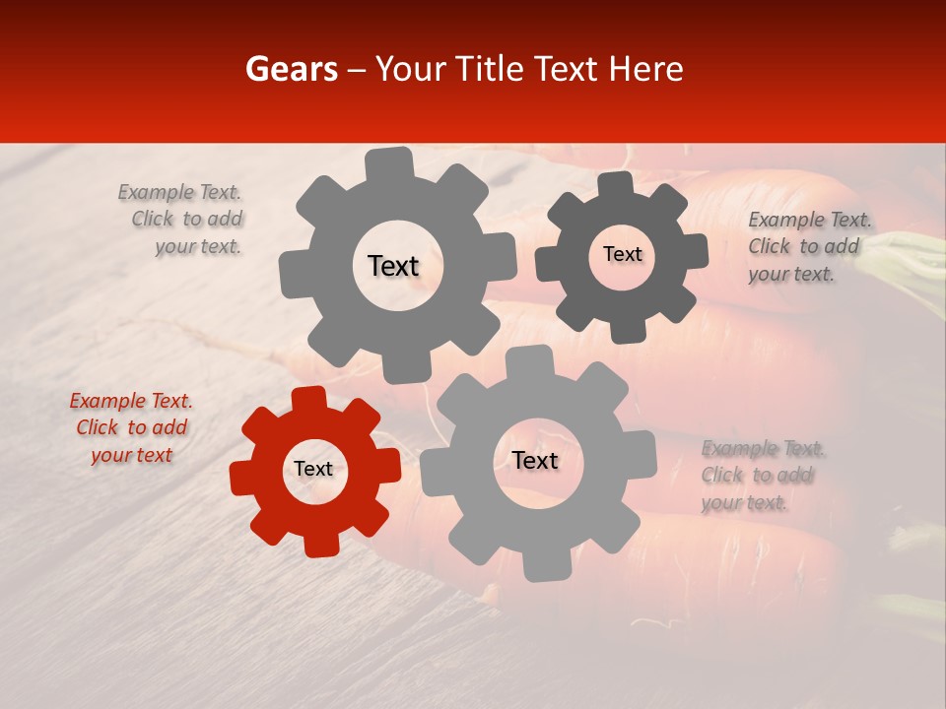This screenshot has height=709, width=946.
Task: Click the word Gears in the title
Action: pos(291,69)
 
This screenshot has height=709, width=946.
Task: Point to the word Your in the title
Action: pos(409,69)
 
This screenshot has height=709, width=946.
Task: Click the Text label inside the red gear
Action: pos(313,470)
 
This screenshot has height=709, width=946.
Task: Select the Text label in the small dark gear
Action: pos(622,254)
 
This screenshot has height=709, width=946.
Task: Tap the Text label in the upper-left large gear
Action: pos(393,266)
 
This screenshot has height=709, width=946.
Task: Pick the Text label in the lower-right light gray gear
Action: pos(535,461)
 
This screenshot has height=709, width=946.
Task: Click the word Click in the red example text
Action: pos(98,428)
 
